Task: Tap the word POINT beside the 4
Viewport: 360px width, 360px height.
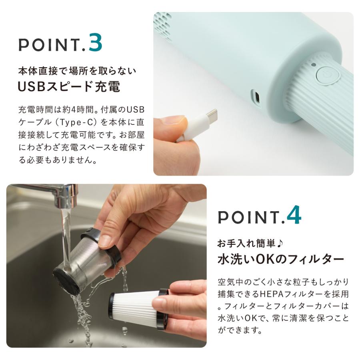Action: pyautogui.click(x=249, y=217)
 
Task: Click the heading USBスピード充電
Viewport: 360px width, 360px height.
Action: pyautogui.click(x=69, y=87)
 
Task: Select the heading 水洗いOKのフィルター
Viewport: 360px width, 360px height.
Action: pyautogui.click(x=280, y=259)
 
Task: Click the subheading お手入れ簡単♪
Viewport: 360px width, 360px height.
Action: pyautogui.click(x=244, y=243)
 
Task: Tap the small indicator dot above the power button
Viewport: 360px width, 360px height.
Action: pyautogui.click(x=314, y=64)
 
